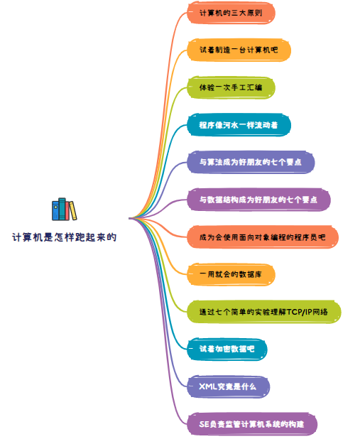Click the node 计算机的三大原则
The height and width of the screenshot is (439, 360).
[x=231, y=13]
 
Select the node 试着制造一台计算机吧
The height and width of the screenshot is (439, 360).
[x=239, y=50]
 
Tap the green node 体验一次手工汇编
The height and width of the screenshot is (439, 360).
[x=231, y=87]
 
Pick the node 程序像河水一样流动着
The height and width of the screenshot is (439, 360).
[x=239, y=125]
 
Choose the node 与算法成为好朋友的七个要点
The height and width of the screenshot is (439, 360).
[x=251, y=163]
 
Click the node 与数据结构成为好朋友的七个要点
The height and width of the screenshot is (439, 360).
[x=258, y=200]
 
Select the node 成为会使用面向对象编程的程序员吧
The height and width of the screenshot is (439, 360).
[x=263, y=237]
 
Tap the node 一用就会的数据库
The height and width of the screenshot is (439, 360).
[x=231, y=275]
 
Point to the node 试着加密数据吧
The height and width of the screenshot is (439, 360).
[x=227, y=349]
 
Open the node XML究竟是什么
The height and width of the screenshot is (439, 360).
[x=228, y=386]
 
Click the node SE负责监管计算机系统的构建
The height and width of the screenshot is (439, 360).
[x=252, y=424]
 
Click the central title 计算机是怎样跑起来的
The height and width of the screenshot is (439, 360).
[x=65, y=237]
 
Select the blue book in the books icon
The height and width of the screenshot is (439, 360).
[x=55, y=210]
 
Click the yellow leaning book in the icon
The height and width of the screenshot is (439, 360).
[x=73, y=210]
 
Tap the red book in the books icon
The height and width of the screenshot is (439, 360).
[x=67, y=211]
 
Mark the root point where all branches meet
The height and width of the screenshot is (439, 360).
[x=130, y=218]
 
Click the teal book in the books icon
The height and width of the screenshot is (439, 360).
[x=62, y=209]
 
